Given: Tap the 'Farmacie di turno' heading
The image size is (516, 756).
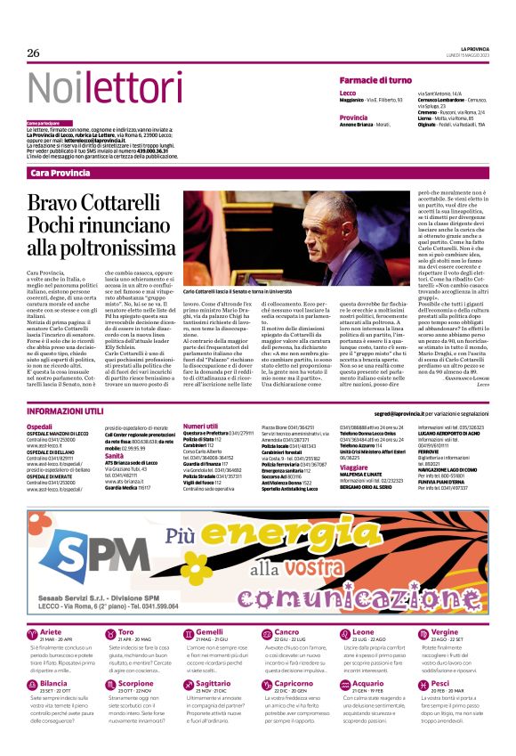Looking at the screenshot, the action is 375,81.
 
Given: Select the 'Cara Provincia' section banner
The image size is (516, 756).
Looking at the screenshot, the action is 60,172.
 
